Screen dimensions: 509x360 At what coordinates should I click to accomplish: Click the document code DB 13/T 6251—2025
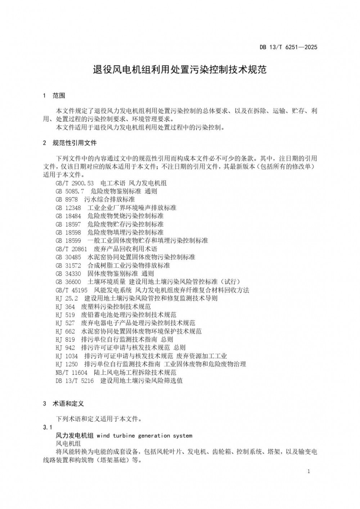(x=288, y=47)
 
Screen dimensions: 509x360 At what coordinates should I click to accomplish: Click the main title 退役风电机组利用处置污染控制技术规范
(x=180, y=69)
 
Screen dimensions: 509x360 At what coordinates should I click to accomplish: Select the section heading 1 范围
(x=54, y=96)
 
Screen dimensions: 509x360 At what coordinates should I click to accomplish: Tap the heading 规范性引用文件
(x=75, y=143)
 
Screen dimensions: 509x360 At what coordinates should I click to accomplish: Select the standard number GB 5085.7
(x=70, y=191)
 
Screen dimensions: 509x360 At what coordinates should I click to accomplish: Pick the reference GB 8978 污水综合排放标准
(x=95, y=199)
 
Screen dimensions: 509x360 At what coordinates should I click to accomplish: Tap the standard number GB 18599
(x=68, y=241)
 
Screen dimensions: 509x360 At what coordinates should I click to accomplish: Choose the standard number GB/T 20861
(x=71, y=249)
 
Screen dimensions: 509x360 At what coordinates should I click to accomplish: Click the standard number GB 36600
(x=68, y=282)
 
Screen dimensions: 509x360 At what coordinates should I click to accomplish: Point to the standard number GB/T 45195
(x=71, y=290)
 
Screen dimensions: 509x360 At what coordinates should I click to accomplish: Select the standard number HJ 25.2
(x=67, y=298)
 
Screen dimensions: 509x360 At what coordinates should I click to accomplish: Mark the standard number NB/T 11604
(x=71, y=372)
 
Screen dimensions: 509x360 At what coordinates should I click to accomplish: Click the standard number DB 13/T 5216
(x=75, y=381)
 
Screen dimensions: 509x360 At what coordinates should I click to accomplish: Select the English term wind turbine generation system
(x=144, y=436)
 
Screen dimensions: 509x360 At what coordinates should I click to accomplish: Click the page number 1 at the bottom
(x=309, y=472)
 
